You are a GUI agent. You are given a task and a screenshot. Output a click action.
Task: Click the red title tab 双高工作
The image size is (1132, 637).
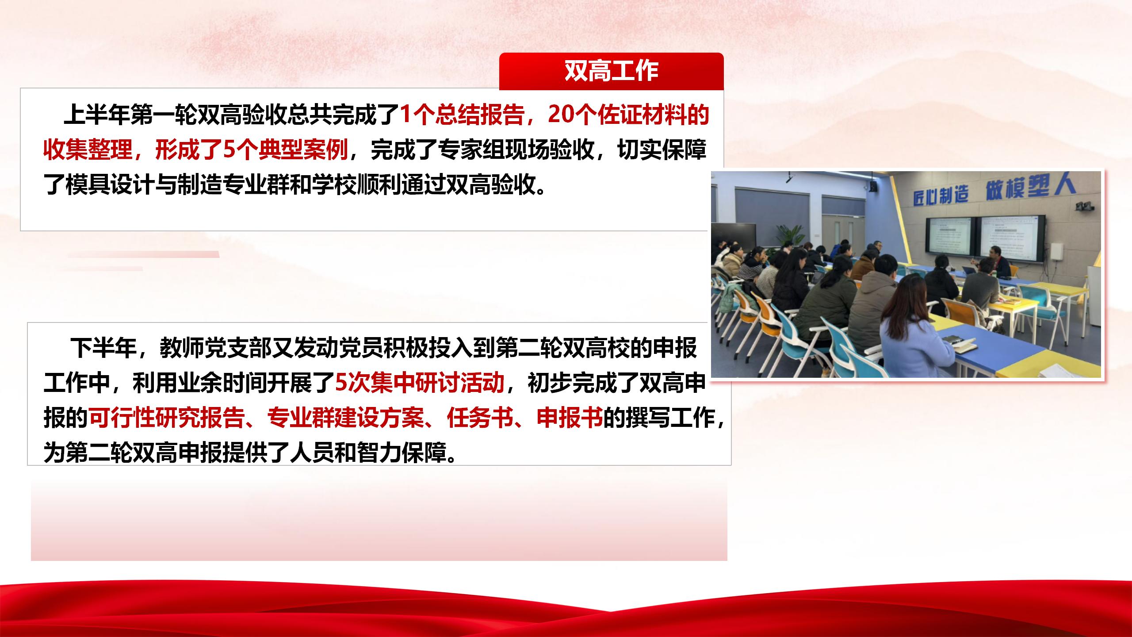(611, 71)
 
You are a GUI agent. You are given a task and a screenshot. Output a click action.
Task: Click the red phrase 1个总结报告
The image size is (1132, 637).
(462, 115)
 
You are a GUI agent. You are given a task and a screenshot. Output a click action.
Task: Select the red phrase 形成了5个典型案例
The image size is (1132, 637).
(251, 150)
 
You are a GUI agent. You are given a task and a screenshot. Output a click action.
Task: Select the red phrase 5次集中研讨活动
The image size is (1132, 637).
(419, 383)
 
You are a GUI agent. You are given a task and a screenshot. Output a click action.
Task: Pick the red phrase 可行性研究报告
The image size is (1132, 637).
(166, 418)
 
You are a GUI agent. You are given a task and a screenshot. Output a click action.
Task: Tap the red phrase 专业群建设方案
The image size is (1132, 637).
(345, 418)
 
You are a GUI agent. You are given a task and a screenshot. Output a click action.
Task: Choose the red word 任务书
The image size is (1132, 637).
(480, 418)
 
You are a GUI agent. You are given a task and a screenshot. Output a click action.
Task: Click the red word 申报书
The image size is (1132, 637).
(570, 418)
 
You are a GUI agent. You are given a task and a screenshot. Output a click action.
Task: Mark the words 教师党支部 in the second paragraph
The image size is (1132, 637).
(215, 348)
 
